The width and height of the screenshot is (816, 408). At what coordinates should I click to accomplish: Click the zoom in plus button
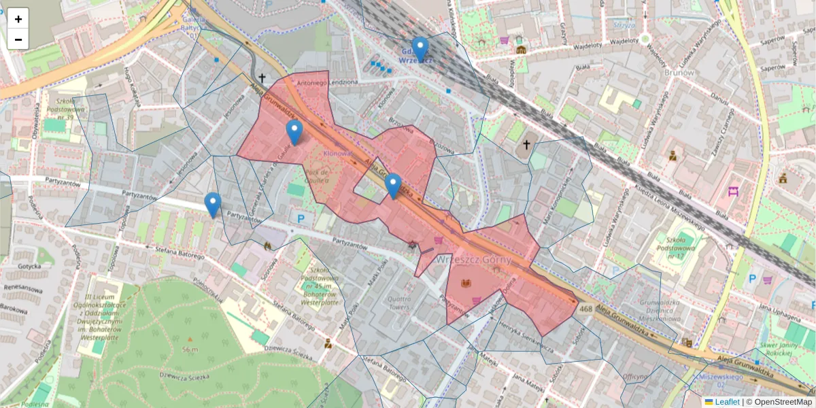tap(18, 19)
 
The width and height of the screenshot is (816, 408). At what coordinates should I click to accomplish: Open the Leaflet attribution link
tap(727, 402)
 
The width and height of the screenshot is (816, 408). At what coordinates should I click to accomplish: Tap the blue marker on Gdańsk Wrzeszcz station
tap(420, 50)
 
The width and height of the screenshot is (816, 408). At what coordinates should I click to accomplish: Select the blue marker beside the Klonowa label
tap(294, 132)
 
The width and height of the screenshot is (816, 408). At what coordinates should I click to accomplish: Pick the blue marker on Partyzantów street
tap(213, 204)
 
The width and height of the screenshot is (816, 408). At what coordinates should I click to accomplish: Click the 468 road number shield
tap(585, 309)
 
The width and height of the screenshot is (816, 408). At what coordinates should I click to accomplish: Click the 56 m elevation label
tap(190, 350)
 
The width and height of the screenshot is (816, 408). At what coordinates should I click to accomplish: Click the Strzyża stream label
tap(624, 25)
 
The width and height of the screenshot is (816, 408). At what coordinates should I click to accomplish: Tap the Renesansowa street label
tap(24, 288)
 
